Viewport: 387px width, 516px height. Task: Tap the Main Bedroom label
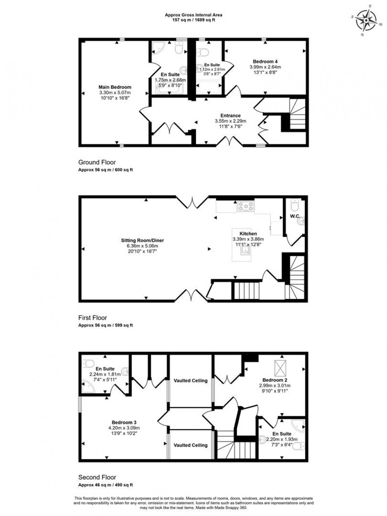(115, 87)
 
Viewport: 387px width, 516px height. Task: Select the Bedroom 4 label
(265, 62)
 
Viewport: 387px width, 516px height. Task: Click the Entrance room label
(230, 116)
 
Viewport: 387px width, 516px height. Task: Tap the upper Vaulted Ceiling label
(190, 381)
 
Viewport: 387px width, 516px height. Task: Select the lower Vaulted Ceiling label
(190, 445)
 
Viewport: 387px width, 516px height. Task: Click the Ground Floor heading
(97, 162)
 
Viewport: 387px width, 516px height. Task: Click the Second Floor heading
(97, 477)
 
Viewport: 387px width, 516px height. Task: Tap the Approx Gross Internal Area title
(193, 15)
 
